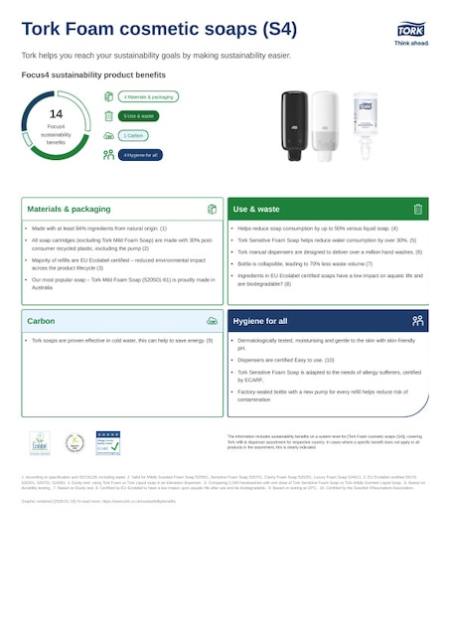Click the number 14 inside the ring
click(x=56, y=114)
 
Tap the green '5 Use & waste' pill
click(x=138, y=116)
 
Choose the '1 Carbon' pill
click(x=134, y=135)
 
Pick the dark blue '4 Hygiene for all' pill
click(x=140, y=154)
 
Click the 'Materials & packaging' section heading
click(x=69, y=210)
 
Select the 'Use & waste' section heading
click(x=256, y=210)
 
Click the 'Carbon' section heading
click(x=41, y=321)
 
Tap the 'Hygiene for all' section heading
click(x=261, y=321)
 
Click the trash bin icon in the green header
click(x=418, y=210)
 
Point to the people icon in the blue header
click(x=418, y=321)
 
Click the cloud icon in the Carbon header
click(x=212, y=321)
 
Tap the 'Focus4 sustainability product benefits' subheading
click(x=93, y=75)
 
